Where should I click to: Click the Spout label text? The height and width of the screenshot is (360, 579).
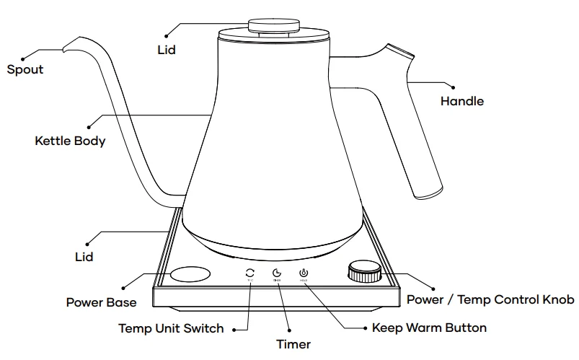[25, 70]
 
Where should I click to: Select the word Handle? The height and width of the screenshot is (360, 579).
[462, 102]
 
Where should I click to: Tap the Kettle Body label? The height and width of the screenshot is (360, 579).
[70, 141]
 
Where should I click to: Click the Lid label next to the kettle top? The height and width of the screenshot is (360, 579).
[166, 51]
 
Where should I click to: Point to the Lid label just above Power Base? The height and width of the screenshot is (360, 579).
[85, 257]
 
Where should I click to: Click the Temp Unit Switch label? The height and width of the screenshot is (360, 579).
[171, 328]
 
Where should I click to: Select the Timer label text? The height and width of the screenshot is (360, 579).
[293, 344]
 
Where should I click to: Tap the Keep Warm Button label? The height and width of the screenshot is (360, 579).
[429, 328]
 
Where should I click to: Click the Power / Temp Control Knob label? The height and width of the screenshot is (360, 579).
[490, 299]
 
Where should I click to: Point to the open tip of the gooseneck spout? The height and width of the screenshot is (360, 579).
[66, 48]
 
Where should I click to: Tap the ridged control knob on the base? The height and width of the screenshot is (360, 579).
[364, 273]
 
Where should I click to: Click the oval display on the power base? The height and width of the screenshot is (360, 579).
[190, 274]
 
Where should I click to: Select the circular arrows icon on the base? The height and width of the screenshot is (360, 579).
[249, 273]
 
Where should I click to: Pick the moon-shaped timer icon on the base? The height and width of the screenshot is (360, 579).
[276, 273]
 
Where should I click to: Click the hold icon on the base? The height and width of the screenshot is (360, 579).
[304, 273]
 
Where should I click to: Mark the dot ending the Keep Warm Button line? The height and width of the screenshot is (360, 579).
[363, 328]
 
